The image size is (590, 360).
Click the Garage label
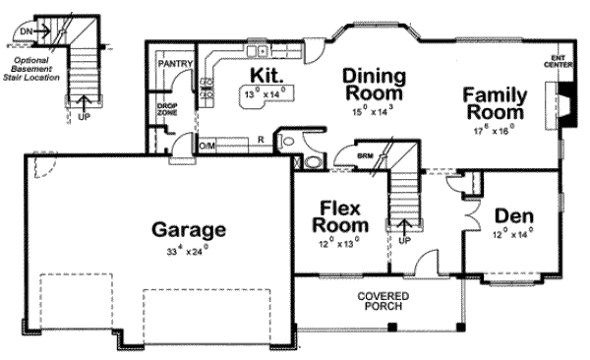[188, 230]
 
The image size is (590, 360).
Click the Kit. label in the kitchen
[266, 75]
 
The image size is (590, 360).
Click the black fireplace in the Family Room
[565, 103]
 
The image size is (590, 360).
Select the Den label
[514, 215]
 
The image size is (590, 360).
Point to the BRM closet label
[364, 156]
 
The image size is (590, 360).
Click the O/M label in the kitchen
[206, 145]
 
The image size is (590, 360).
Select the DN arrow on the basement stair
[32, 30]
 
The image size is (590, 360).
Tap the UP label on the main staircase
[403, 238]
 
